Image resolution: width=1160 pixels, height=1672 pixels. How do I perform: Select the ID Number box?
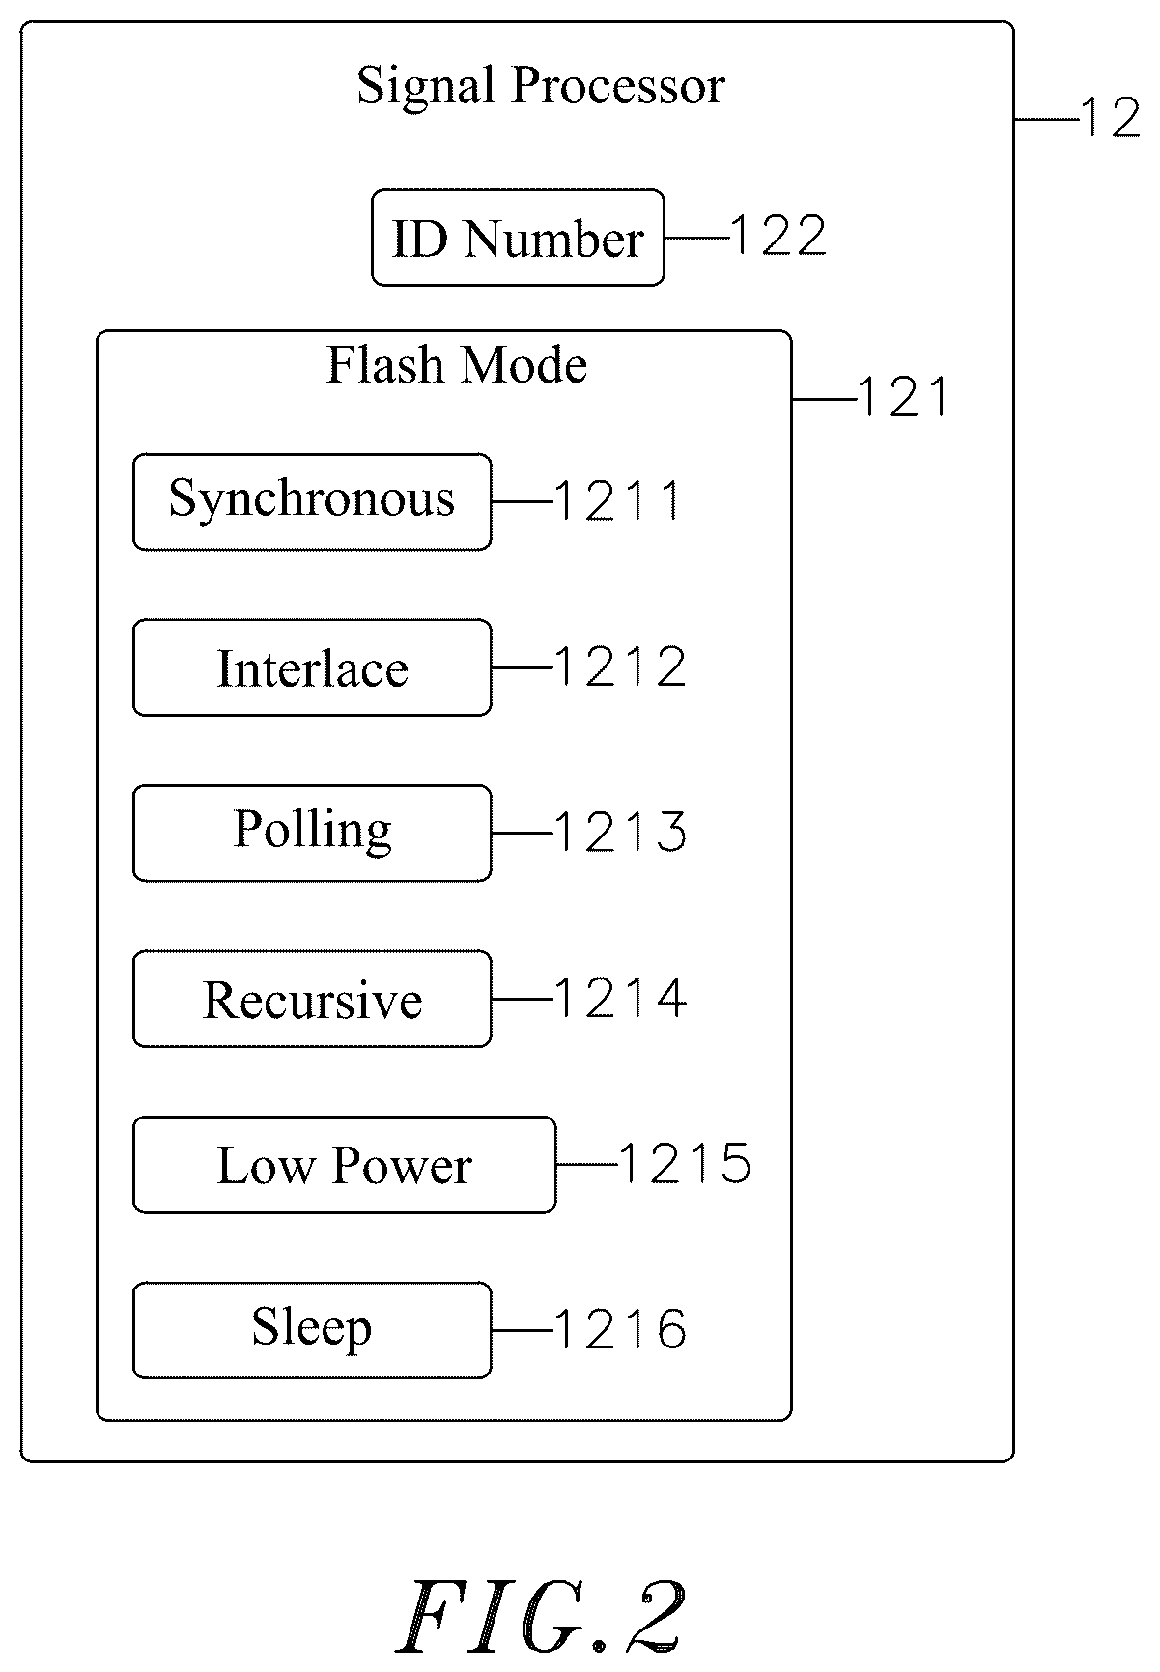(518, 238)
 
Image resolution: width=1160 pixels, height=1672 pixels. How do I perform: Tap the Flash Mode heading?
(457, 365)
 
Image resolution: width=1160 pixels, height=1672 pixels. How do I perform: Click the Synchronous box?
(312, 502)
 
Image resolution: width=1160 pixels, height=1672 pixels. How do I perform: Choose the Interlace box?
(312, 667)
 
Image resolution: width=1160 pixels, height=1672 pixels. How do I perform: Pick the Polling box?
(312, 834)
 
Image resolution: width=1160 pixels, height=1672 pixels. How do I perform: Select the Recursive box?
(312, 1000)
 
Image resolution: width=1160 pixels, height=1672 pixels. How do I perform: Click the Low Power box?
(345, 1165)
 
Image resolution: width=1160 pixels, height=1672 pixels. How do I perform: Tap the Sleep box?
(312, 1331)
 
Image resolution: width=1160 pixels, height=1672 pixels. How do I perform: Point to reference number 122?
(778, 237)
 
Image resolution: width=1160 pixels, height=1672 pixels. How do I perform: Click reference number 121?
(903, 397)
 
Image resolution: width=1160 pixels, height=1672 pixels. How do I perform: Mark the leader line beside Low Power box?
(587, 1165)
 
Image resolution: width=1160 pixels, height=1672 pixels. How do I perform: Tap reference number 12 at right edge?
(1111, 119)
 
